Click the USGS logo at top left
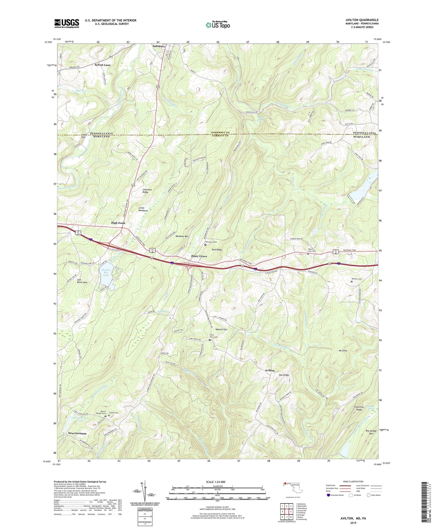pyautogui.click(x=67, y=23)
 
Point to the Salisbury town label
pyautogui.click(x=159, y=46)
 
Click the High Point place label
pyautogui.click(x=118, y=223)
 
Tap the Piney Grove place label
pyautogui.click(x=199, y=256)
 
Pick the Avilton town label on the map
pyautogui.click(x=269, y=371)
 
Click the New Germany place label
pyautogui.click(x=77, y=433)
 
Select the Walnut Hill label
pyautogui.click(x=221, y=329)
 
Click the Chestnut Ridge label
pyautogui.click(x=147, y=191)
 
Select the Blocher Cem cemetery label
pyautogui.click(x=356, y=279)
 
